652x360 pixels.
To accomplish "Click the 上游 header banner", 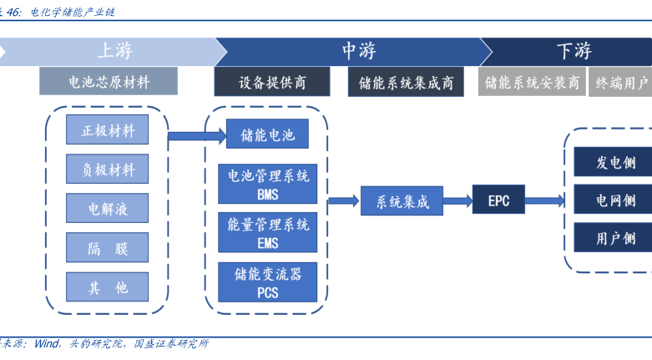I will point(113,51).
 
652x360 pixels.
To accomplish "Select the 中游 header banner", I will point(355,51).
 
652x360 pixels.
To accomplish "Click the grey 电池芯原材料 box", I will point(109,82).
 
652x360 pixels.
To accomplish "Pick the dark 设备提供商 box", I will point(273,82).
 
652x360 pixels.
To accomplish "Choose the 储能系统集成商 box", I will point(406,82).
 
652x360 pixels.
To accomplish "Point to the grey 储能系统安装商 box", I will point(532,82).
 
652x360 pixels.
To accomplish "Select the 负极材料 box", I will point(108,169).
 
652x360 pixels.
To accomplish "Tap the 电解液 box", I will point(108,207).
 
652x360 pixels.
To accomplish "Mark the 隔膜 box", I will point(108,247).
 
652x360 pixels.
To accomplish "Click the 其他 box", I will point(108,287).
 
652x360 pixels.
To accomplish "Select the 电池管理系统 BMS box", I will point(268,184).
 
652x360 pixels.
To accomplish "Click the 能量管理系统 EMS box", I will point(268,233).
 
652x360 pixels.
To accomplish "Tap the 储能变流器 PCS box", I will point(268,282).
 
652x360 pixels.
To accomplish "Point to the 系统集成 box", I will point(402,200).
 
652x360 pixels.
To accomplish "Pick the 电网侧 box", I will point(614,200).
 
